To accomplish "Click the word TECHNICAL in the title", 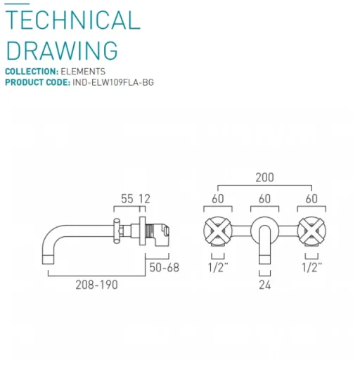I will [73, 20].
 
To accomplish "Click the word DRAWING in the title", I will [62, 51].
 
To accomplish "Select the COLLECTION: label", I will [31, 72].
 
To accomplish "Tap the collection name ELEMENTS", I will [82, 72].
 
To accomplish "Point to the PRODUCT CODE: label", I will [37, 82].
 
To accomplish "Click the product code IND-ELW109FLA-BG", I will [113, 82].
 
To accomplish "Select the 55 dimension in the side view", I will [127, 200].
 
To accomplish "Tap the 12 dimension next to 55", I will [144, 200].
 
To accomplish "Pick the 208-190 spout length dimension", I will [97, 285].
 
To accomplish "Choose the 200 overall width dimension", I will [264, 178].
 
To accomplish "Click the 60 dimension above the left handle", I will [217, 200].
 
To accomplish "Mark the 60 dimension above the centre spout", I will [264, 200].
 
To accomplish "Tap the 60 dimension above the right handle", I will [311, 200].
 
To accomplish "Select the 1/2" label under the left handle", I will [217, 267].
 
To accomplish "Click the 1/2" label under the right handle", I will [311, 267].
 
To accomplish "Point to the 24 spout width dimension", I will [264, 285].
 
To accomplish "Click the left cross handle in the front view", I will [217, 230].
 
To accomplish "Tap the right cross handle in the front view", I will [311, 230].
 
